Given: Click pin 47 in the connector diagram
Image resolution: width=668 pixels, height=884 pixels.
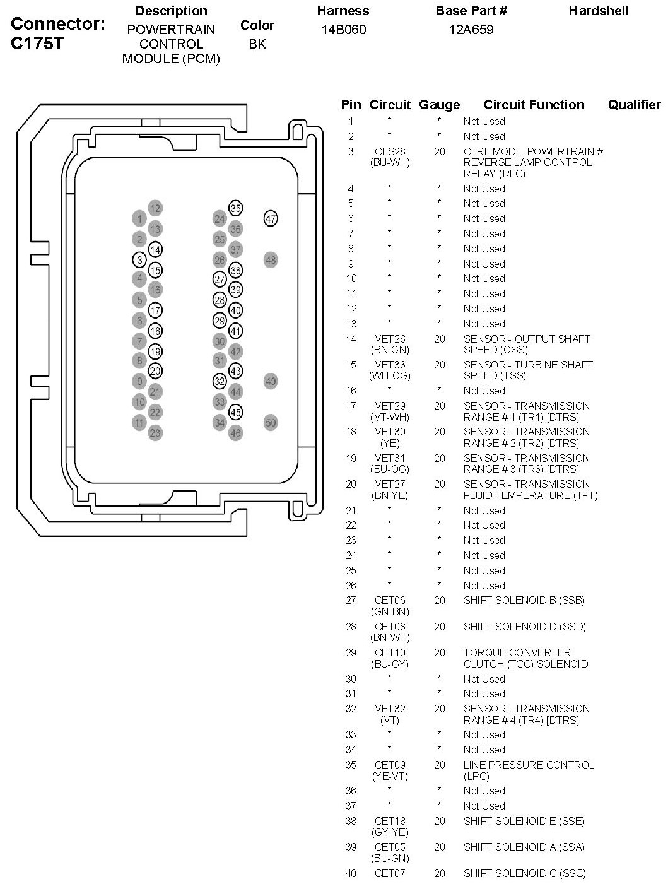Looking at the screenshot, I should coord(271,219).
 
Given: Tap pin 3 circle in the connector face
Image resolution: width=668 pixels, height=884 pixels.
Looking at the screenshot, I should coord(139,259).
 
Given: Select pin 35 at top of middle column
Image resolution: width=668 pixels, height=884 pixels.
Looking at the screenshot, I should coord(235,208).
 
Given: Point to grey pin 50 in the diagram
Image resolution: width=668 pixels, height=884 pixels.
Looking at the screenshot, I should coord(271,423).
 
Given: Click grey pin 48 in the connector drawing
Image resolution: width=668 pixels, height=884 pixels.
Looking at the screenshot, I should coord(271,259).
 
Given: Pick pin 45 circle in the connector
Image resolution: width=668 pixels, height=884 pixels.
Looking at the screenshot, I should coord(235,413).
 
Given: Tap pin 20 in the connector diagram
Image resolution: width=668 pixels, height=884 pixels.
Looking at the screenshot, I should coord(155,372).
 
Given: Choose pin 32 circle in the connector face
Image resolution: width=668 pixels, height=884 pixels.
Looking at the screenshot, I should coord(220,381).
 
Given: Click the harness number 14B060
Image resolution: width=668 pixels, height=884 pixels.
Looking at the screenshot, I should coord(343,30).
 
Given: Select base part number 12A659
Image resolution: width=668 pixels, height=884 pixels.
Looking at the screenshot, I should coord(471,30).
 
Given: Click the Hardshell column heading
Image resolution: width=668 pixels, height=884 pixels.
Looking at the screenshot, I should coord(599,11).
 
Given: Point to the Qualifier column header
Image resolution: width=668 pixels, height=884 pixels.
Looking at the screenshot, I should coord(634,105).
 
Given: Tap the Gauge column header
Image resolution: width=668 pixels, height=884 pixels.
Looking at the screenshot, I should coord(440,105).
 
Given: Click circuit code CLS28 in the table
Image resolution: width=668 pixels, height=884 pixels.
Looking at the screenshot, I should coord(390,151).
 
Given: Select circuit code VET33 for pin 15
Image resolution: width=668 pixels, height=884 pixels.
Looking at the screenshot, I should coord(390,365).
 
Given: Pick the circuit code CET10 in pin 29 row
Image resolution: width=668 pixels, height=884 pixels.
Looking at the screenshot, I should coord(390,652).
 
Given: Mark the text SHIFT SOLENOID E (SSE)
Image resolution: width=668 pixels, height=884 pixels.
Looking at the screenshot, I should coord(524,821).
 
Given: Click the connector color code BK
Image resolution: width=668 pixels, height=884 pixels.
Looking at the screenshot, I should coord(257,45).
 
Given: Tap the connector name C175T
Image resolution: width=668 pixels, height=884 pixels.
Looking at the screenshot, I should coord(37,45).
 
